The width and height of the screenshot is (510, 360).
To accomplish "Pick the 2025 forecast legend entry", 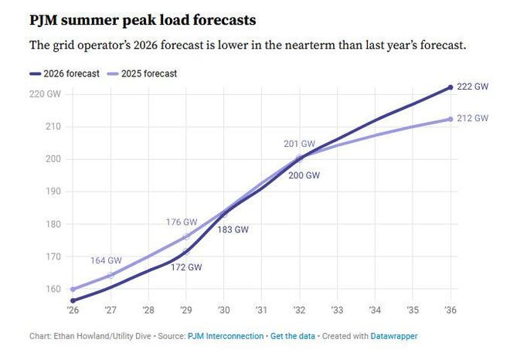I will click(x=146, y=73).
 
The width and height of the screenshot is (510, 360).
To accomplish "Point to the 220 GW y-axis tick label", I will click(x=45, y=94).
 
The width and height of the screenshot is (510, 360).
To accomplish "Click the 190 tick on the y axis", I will click(x=52, y=192).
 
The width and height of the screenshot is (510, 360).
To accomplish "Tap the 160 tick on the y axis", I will click(x=52, y=289).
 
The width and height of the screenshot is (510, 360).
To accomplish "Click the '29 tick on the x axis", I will click(x=186, y=311).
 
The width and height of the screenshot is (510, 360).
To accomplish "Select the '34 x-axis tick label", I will click(x=376, y=311).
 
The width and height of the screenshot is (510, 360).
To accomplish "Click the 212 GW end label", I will click(x=472, y=118).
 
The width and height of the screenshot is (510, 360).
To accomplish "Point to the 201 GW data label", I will click(x=300, y=144).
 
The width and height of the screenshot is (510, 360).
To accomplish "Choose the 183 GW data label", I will click(x=233, y=229).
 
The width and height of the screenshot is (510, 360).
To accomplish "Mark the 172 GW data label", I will click(x=186, y=267).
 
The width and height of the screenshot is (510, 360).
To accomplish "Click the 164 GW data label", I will click(x=106, y=260).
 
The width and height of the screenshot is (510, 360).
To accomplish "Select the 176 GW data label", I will click(x=182, y=222).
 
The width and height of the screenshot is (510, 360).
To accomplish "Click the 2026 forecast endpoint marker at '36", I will click(x=451, y=87).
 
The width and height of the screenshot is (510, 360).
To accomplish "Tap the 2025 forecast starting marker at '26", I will click(x=73, y=289).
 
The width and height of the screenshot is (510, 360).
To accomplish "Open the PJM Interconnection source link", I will click(x=224, y=337).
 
